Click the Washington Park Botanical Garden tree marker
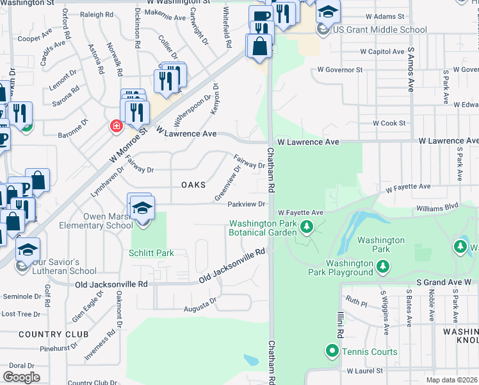(307, 227)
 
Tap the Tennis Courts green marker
(332, 351)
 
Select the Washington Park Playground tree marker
(382, 266)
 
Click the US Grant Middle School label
(380, 30)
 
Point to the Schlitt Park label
(152, 253)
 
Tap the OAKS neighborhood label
(193, 185)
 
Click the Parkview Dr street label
(247, 205)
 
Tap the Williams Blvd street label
(437, 207)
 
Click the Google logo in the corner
(21, 377)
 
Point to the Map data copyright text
(452, 380)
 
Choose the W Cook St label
(389, 123)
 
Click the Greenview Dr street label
(228, 182)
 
